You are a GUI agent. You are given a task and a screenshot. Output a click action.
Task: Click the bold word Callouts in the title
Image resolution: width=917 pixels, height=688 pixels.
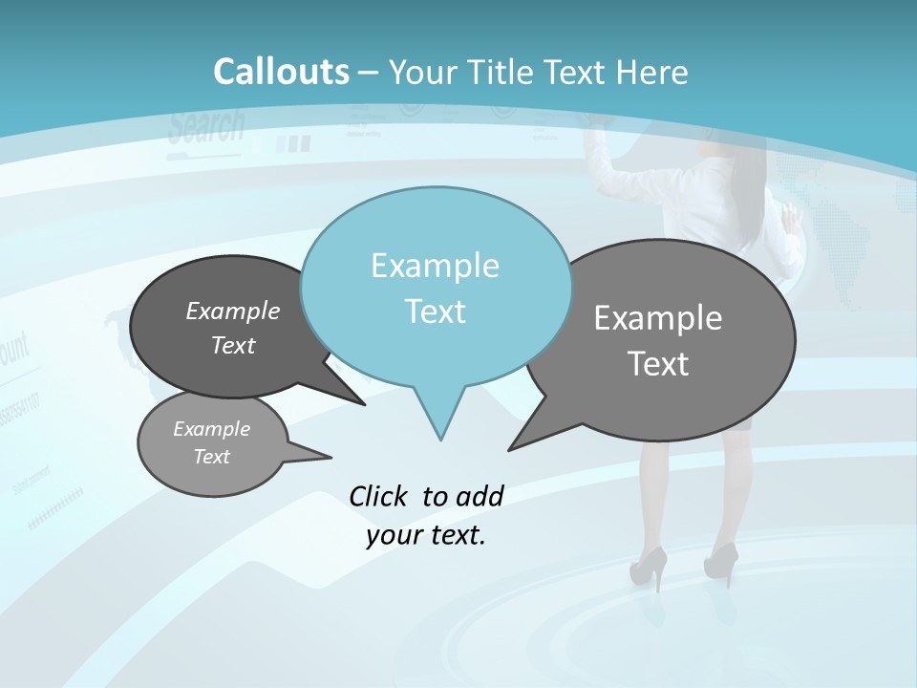pos(281,72)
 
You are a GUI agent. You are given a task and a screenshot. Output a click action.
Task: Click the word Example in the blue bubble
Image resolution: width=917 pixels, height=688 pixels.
pos(435,266)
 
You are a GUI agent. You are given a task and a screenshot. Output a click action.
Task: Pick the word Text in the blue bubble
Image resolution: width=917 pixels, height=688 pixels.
pos(435,311)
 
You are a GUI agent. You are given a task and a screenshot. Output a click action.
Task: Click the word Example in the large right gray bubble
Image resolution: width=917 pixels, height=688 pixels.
pos(658,318)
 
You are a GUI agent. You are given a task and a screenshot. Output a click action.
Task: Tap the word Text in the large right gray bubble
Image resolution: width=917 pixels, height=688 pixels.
pos(658,364)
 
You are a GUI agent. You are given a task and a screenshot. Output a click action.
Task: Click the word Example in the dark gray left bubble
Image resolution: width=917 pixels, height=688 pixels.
pos(233,311)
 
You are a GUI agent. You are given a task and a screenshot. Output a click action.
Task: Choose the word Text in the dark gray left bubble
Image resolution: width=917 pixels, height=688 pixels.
pos(233,345)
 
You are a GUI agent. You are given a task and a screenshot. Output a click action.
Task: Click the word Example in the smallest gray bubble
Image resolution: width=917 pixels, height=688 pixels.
pos(211,429)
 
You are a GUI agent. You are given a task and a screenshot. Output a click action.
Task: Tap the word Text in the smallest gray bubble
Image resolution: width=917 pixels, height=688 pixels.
pos(211,457)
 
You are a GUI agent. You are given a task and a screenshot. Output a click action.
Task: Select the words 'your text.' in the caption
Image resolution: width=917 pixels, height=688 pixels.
pos(426,535)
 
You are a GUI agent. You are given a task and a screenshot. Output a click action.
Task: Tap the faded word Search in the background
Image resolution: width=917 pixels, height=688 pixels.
pos(206,126)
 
